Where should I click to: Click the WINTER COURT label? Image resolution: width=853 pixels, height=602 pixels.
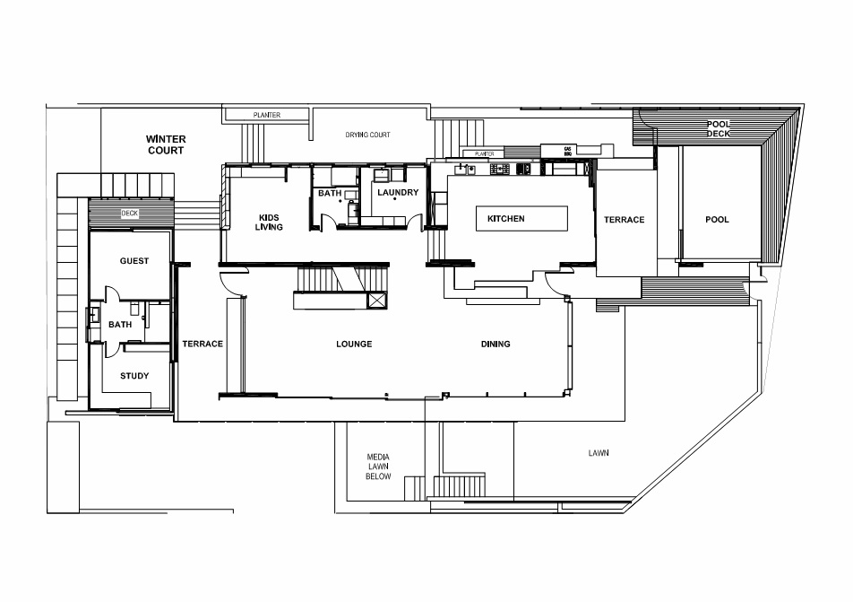coord(166,145)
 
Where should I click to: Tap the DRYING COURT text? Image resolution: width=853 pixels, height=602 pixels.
coord(367,135)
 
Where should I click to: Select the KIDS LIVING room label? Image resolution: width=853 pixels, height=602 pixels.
coord(269,222)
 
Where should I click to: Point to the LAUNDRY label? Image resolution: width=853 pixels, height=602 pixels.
coord(398,192)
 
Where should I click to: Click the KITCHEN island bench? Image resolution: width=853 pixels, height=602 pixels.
coord(521,219)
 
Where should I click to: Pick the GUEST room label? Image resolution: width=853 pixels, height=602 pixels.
coord(134,261)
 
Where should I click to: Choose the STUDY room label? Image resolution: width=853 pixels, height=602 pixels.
coord(134,376)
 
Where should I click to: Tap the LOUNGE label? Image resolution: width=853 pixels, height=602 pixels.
coord(354,344)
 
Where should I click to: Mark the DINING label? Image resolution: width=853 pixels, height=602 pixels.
coord(495,344)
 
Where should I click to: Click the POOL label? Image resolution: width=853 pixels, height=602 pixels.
coord(717,220)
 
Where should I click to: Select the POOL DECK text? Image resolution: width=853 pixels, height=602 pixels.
coord(718,128)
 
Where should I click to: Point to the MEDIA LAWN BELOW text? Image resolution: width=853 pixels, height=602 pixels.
coord(378,467)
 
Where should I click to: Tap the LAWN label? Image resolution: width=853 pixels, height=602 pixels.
coord(599,453)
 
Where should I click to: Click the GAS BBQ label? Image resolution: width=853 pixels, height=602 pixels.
coord(567,152)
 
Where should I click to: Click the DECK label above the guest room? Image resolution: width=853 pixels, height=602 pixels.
coord(129,213)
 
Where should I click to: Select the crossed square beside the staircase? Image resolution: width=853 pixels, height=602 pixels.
coord(376,301)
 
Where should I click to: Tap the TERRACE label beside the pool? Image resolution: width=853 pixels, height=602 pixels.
coord(624,220)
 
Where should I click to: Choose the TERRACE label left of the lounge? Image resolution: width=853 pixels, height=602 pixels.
coord(202,344)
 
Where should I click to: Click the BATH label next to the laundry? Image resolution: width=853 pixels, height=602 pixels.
coord(330,193)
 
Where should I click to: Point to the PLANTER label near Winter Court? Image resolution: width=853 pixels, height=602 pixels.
coord(267,115)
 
